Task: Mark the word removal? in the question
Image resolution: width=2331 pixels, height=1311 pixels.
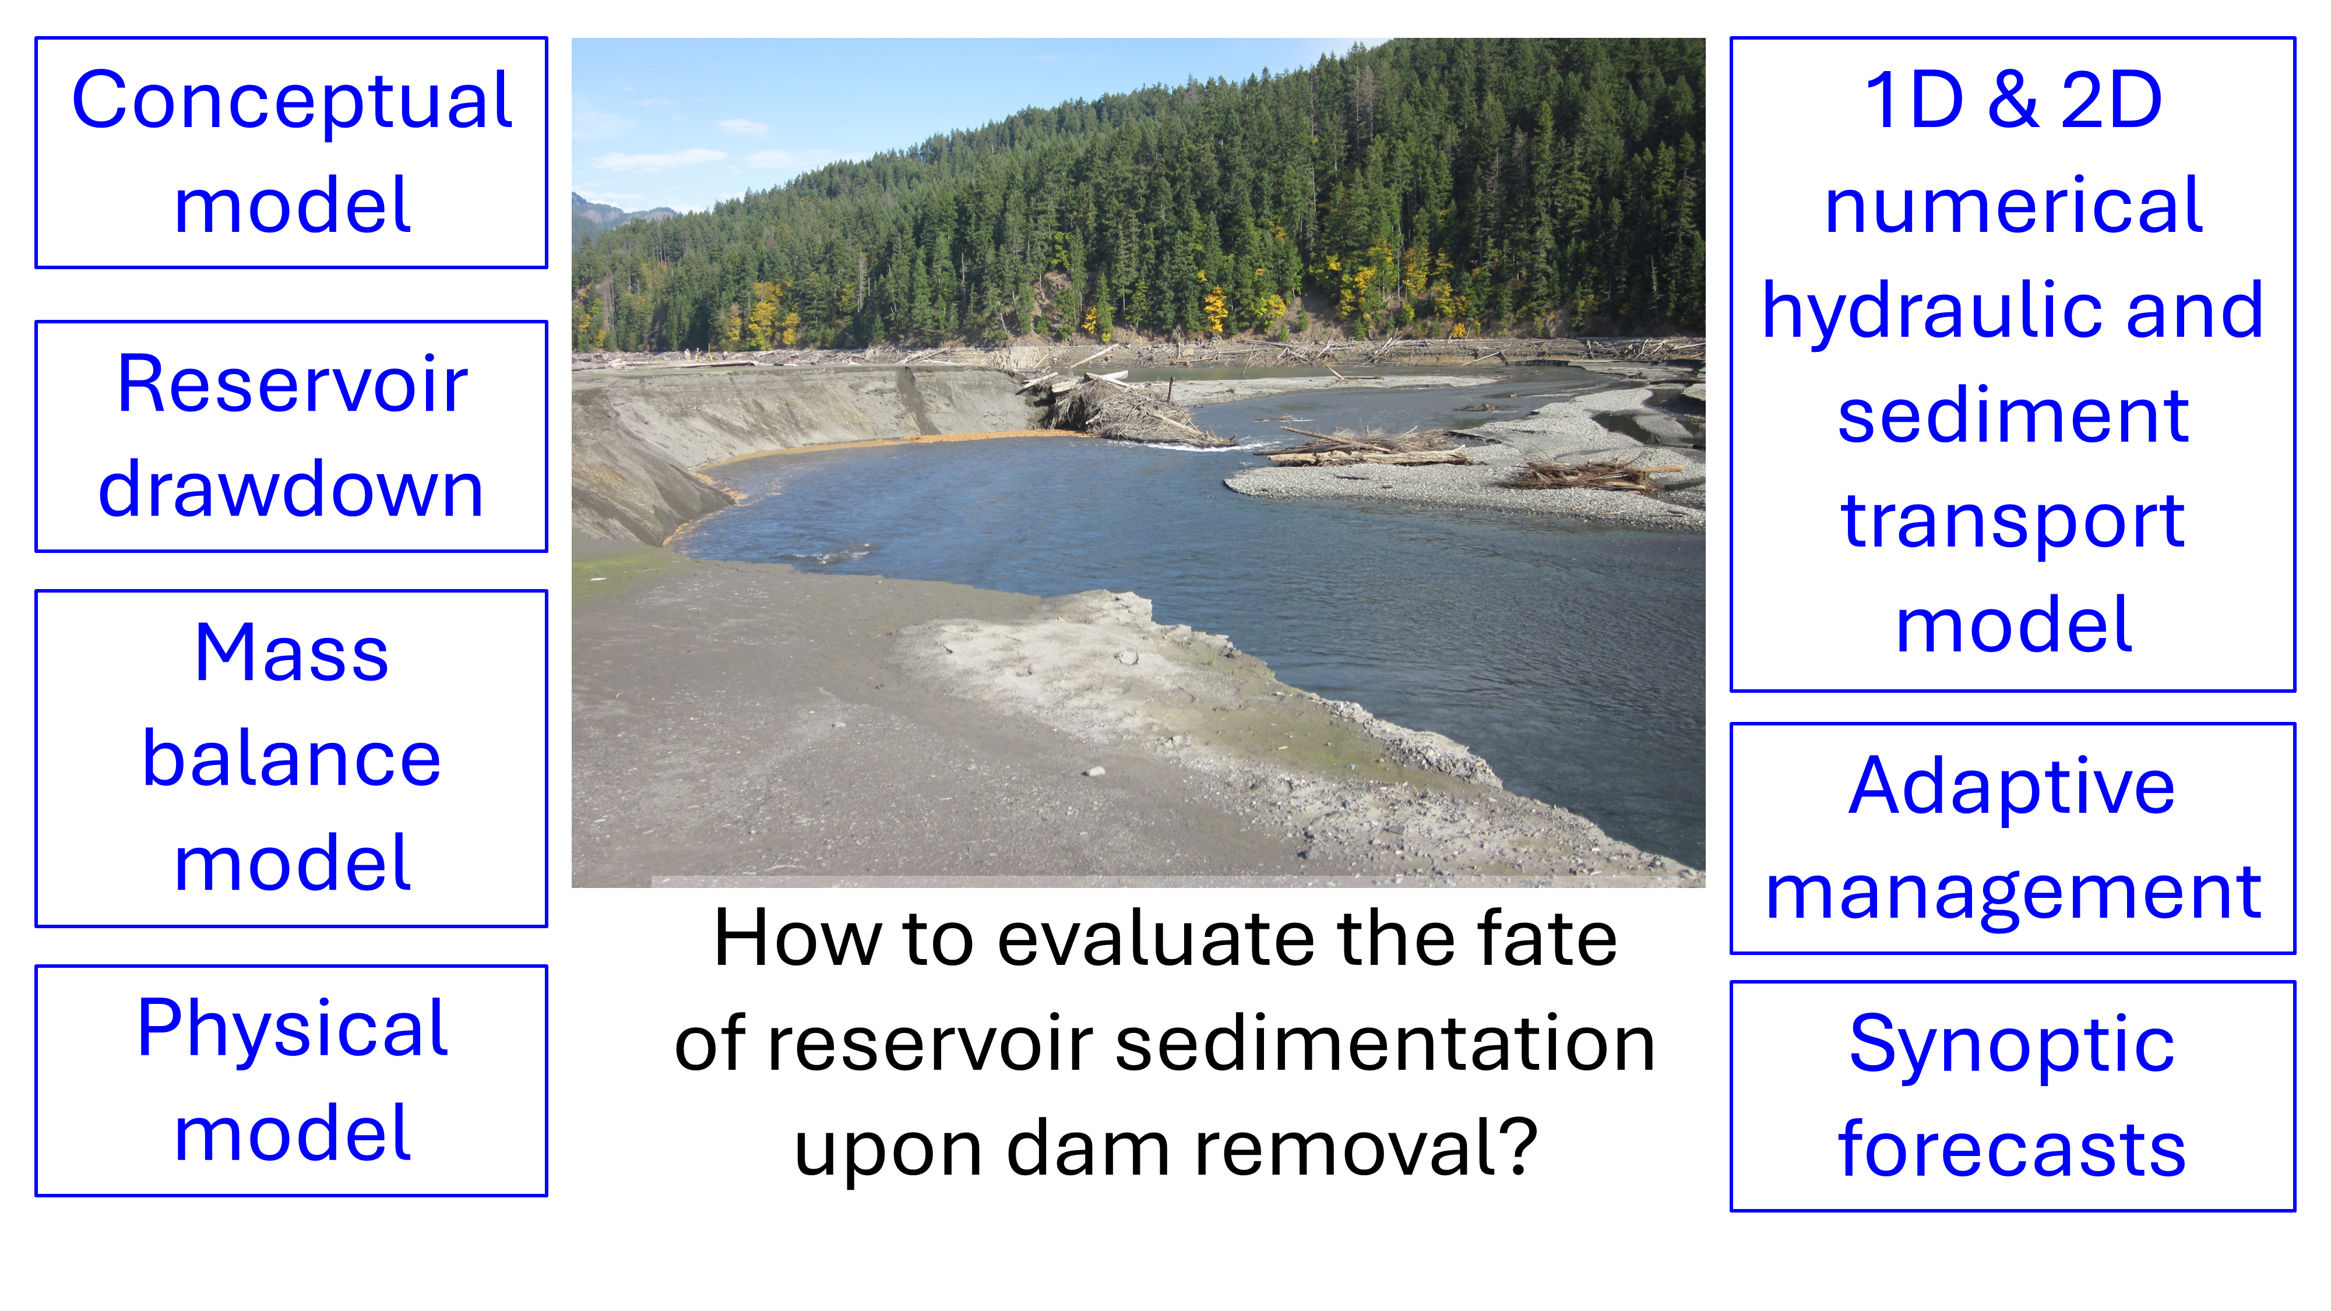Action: point(1367,1148)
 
